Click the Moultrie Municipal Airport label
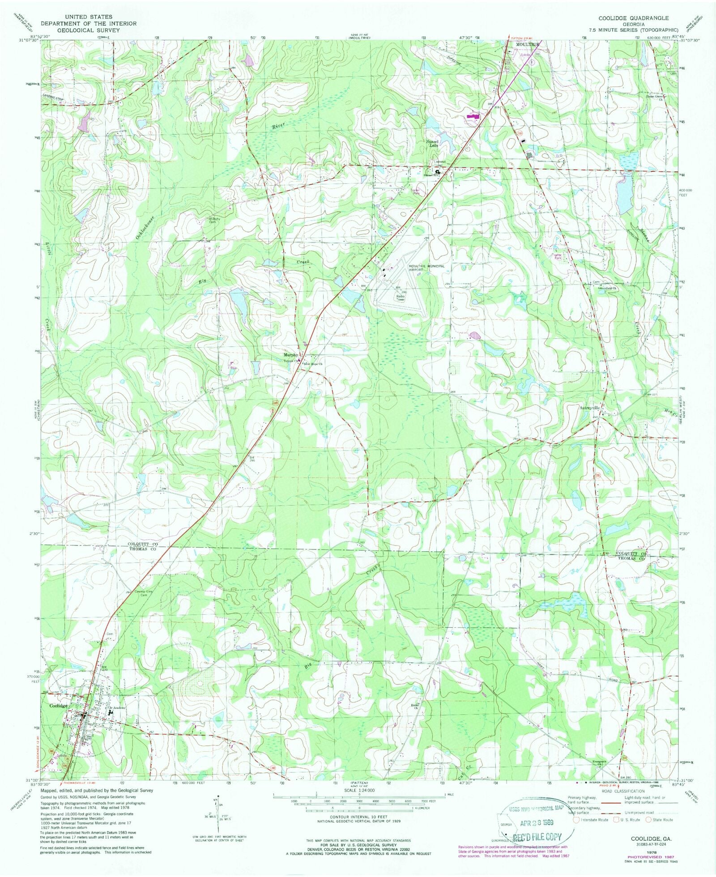(x=426, y=268)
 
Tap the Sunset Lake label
(x=432, y=143)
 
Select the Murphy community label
(x=290, y=355)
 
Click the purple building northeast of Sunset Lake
(x=473, y=116)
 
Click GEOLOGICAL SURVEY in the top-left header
(x=88, y=30)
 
